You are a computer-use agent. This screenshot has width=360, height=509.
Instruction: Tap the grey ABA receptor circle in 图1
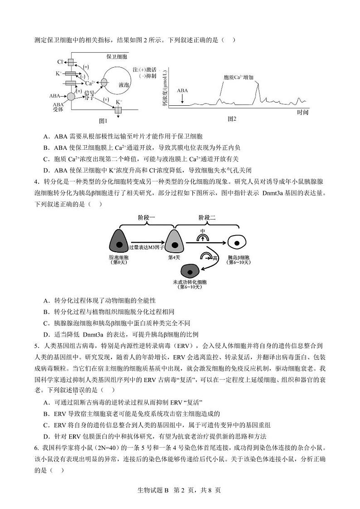coord(71,96)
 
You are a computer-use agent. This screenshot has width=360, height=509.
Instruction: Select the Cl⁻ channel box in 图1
coord(71,62)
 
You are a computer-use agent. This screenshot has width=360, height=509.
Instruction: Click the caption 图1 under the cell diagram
coord(103,121)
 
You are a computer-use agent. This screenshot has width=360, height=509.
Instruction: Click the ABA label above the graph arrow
coord(182,90)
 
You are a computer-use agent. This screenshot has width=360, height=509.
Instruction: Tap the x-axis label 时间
coord(303,112)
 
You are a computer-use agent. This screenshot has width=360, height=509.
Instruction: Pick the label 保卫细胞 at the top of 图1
coord(117,57)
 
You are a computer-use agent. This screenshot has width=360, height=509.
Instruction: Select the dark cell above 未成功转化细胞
coord(190,271)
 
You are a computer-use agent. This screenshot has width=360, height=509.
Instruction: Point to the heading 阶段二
coord(207,217)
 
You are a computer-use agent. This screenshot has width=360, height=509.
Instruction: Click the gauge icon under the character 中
coord(203,237)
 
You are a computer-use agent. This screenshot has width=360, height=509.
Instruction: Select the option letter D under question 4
coord(46,335)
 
